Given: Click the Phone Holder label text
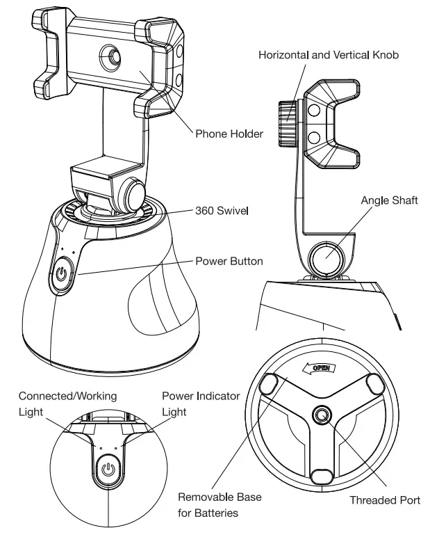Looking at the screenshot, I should click(229, 134).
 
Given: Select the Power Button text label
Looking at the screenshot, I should click(229, 262).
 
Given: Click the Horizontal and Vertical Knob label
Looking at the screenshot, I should click(329, 55).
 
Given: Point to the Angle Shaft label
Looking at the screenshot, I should click(389, 201).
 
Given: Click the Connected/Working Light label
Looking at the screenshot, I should click(67, 404).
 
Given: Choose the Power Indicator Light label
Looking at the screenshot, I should click(201, 404).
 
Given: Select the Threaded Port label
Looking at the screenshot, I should click(384, 500).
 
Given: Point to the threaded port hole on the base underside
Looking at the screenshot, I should click(322, 415).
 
